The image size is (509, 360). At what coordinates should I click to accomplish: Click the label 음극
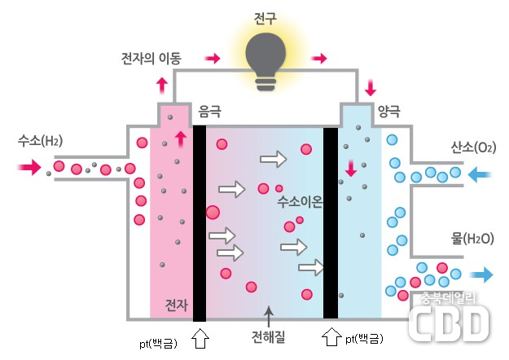[210, 109]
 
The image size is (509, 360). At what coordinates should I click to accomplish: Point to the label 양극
[389, 109]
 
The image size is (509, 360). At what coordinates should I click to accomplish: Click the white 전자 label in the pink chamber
[177, 305]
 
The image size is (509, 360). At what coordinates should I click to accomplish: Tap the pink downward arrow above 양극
[371, 86]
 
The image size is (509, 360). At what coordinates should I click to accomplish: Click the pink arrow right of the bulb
[319, 59]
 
